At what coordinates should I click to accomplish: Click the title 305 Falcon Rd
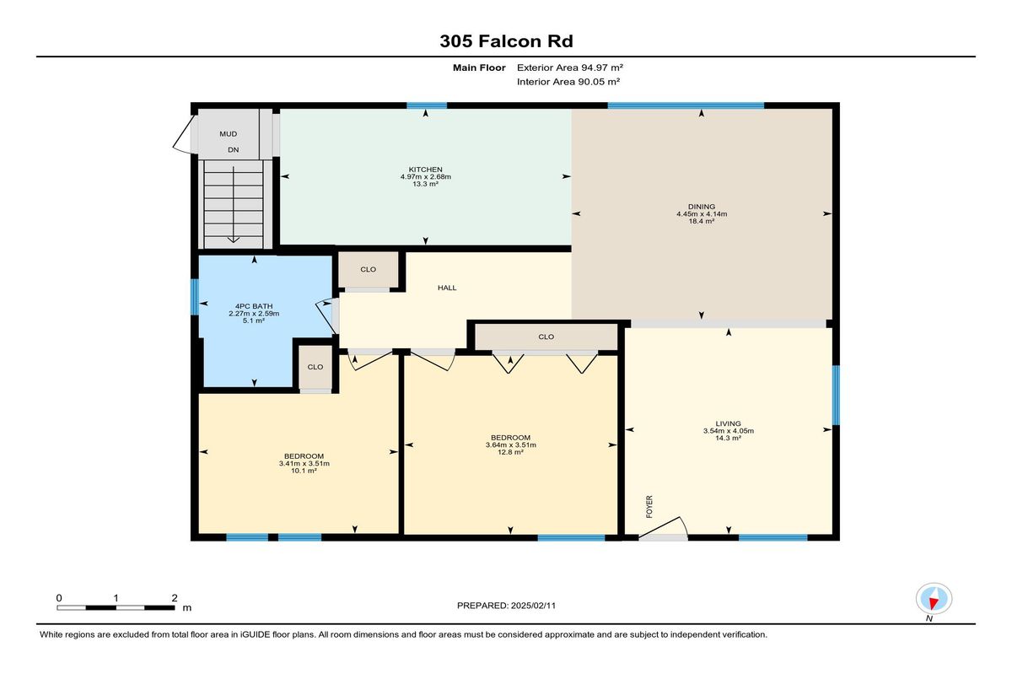506,41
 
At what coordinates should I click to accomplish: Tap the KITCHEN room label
425,170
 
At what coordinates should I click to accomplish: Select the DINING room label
701,207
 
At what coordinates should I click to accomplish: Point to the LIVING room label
728,423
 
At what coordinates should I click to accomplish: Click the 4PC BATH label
254,306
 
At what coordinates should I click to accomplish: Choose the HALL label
447,288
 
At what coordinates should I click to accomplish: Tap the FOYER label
649,506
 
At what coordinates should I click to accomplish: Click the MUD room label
229,134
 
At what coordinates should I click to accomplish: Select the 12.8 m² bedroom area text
510,452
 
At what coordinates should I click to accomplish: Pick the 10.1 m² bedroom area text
304,471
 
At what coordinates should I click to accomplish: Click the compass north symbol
934,599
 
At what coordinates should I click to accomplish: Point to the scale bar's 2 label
175,598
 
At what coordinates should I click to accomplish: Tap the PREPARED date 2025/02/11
533,606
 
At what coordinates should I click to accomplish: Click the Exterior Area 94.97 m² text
570,67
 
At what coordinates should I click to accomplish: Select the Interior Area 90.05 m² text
568,82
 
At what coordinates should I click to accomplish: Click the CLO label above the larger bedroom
546,337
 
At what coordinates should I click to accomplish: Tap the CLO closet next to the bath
315,367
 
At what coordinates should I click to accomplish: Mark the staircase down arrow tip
233,242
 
